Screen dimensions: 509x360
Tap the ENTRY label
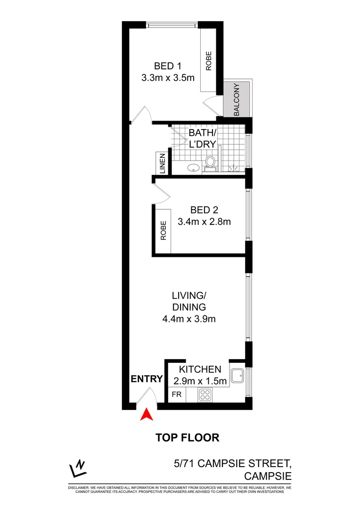point(147,379)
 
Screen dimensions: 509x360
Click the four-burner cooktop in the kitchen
point(205,394)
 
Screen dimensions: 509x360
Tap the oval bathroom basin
point(192,167)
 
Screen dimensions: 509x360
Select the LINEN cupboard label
point(162,164)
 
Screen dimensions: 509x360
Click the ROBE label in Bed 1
point(208,61)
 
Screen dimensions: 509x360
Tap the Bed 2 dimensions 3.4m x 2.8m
point(204,221)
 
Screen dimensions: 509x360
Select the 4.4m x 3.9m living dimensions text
point(188,319)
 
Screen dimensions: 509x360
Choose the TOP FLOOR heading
point(188,437)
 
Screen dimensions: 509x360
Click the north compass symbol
point(77,468)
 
